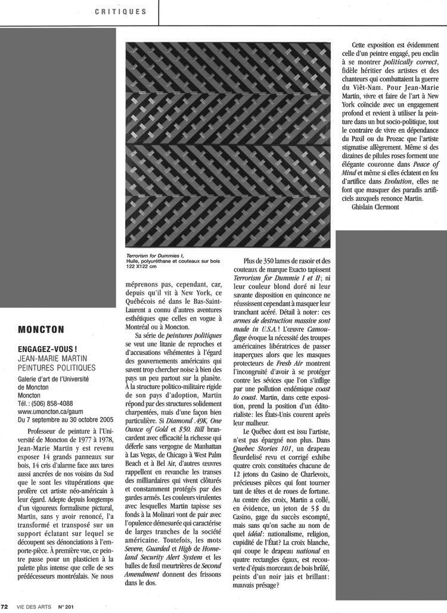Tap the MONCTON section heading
click(41, 329)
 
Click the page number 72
click(5, 608)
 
